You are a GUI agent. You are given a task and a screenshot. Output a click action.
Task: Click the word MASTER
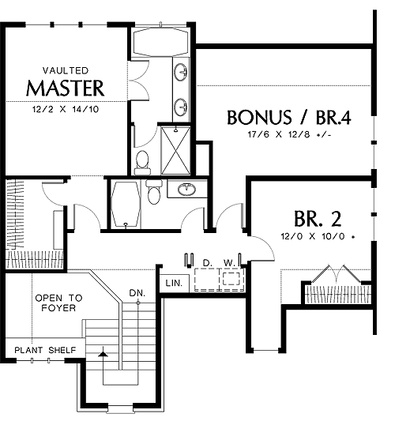pos(65,88)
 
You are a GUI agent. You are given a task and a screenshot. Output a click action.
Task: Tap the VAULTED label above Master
pos(66,70)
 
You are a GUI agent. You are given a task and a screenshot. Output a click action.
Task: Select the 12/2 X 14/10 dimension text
pos(66,109)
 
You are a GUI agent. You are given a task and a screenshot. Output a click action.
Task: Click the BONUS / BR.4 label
pos(288,117)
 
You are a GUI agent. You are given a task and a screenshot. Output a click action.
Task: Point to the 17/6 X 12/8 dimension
pos(289,135)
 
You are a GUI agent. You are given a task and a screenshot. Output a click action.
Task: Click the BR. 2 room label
pos(318,219)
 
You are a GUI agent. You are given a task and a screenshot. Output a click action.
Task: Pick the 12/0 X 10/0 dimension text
pos(318,236)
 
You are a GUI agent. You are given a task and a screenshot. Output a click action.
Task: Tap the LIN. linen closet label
pos(174,283)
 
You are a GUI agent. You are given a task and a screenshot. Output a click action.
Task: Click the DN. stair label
pos(137,293)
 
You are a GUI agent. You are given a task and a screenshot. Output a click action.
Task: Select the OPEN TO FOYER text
pos(59,303)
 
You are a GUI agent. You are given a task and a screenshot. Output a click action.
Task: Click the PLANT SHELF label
pos(45,350)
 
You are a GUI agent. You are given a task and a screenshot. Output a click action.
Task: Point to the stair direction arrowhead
pos(103,354)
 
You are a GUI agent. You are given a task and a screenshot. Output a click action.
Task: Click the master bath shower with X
pos(176,150)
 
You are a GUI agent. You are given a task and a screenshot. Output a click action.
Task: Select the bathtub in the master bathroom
pos(160,43)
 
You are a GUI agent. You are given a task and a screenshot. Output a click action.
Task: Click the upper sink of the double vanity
pos(180,72)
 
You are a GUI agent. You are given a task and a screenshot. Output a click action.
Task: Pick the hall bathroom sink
pos(187,190)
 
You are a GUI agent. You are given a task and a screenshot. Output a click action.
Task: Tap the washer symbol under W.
pos(231,279)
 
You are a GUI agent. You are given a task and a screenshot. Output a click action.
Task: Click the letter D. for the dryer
pos(207,263)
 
